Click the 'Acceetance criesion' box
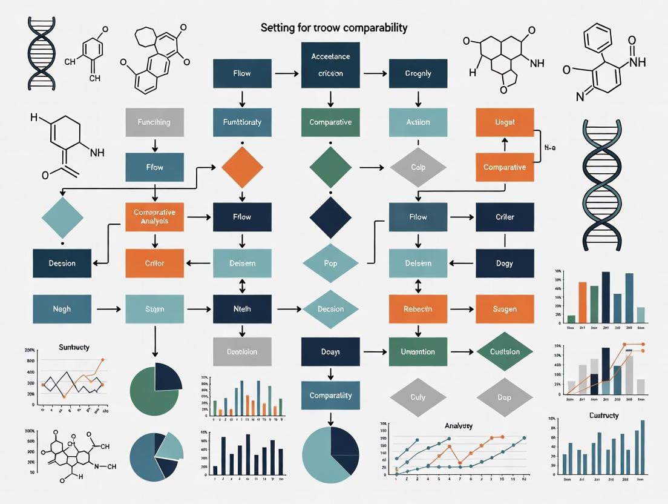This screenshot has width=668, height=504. point(330,64)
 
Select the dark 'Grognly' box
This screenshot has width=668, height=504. point(418,73)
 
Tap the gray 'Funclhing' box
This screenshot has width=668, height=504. point(154,122)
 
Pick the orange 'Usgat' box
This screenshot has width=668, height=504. point(505,122)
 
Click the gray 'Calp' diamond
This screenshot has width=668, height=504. point(418,167)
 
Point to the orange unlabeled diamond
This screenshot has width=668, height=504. point(242,167)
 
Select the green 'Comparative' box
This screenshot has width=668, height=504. point(330,122)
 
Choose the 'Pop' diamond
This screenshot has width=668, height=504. point(330,264)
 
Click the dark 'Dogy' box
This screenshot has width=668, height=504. point(505,263)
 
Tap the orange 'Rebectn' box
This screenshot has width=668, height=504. point(418,309)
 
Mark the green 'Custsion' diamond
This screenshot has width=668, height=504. point(505,351)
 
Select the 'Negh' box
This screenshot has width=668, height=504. point(62,309)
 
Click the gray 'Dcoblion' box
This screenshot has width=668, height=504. point(242,351)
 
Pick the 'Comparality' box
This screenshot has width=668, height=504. point(330,396)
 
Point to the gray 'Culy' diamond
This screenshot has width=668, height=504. point(418,397)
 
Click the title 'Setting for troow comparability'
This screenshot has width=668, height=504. point(334,28)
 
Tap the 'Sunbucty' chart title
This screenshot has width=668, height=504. point(74,347)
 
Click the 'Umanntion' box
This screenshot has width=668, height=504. point(418,351)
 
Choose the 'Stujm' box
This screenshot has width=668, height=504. point(154,309)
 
